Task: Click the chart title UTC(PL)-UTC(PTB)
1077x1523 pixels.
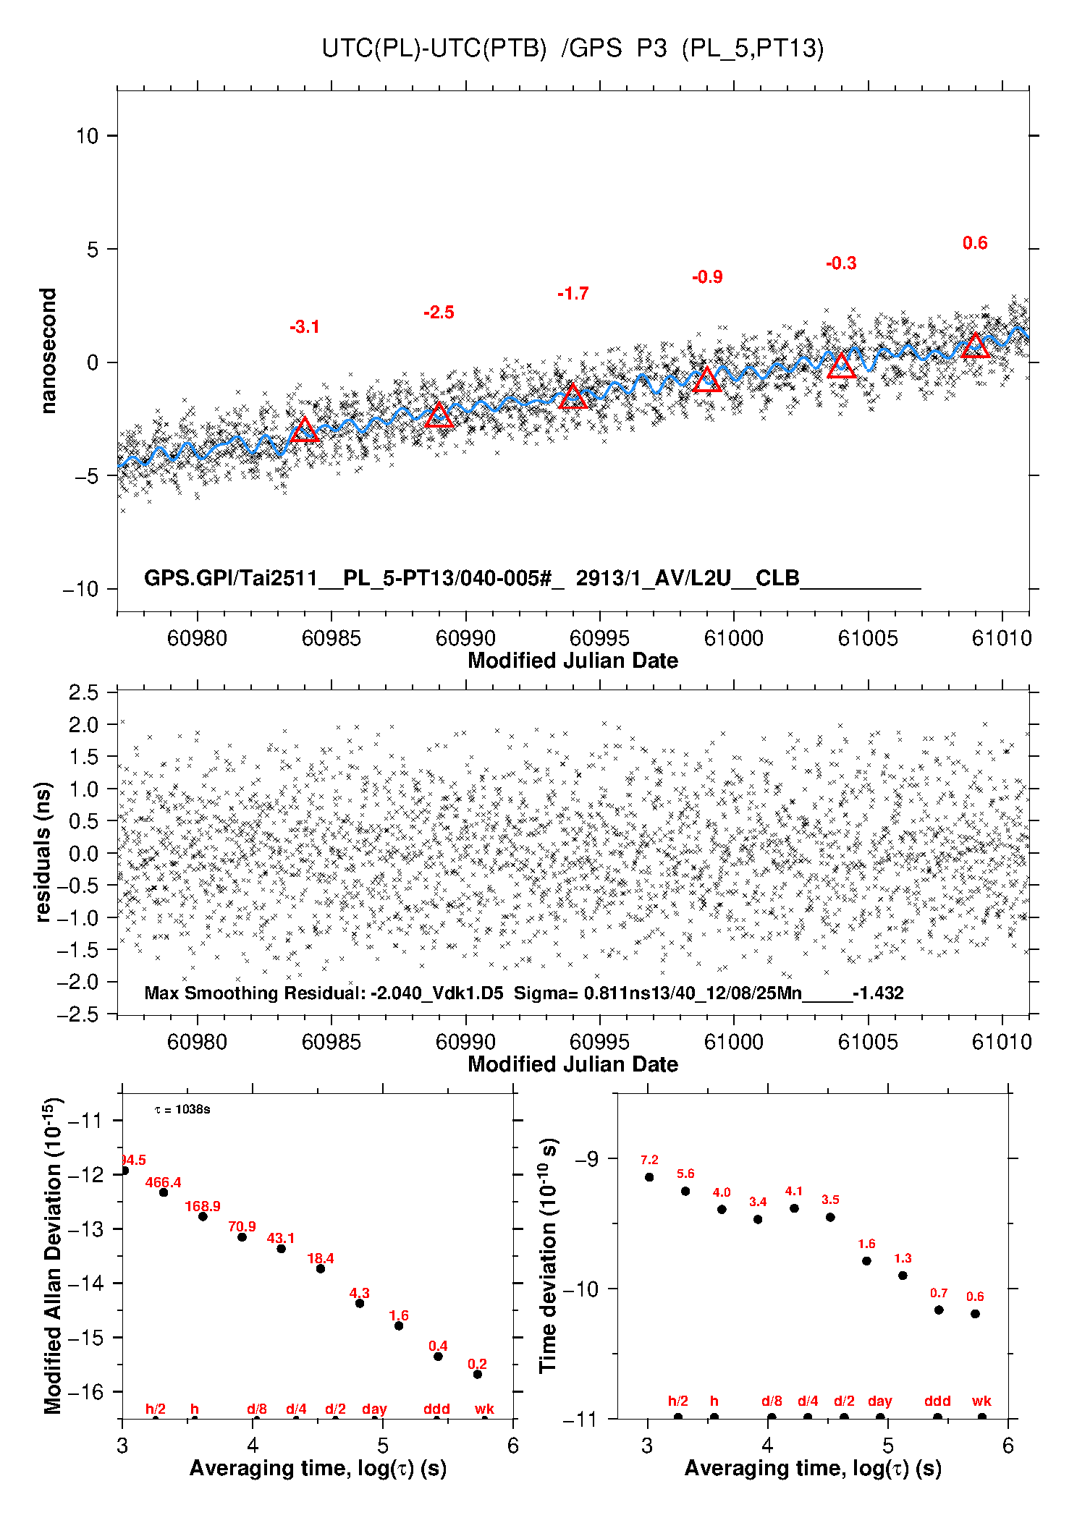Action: [434, 48]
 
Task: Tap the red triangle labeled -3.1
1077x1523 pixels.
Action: [304, 430]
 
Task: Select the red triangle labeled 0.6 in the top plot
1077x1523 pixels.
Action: [975, 347]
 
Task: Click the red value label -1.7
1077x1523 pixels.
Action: [573, 294]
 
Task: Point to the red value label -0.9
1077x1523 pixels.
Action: [707, 277]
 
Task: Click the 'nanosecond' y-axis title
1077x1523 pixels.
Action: [48, 351]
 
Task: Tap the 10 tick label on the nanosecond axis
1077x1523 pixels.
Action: [87, 136]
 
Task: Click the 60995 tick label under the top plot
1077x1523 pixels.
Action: [599, 638]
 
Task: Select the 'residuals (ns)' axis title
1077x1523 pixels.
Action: [43, 852]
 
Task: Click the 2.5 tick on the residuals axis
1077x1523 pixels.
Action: [84, 692]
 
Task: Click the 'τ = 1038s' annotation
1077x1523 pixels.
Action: [182, 1110]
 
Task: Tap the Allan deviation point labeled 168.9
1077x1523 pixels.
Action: [203, 1216]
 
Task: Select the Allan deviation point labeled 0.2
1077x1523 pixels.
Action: [478, 1374]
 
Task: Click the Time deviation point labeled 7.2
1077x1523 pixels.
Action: [649, 1177]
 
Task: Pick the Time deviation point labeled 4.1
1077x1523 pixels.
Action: [794, 1208]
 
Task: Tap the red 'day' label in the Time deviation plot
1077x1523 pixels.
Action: [879, 1401]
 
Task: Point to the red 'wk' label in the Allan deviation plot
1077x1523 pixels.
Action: [484, 1409]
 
